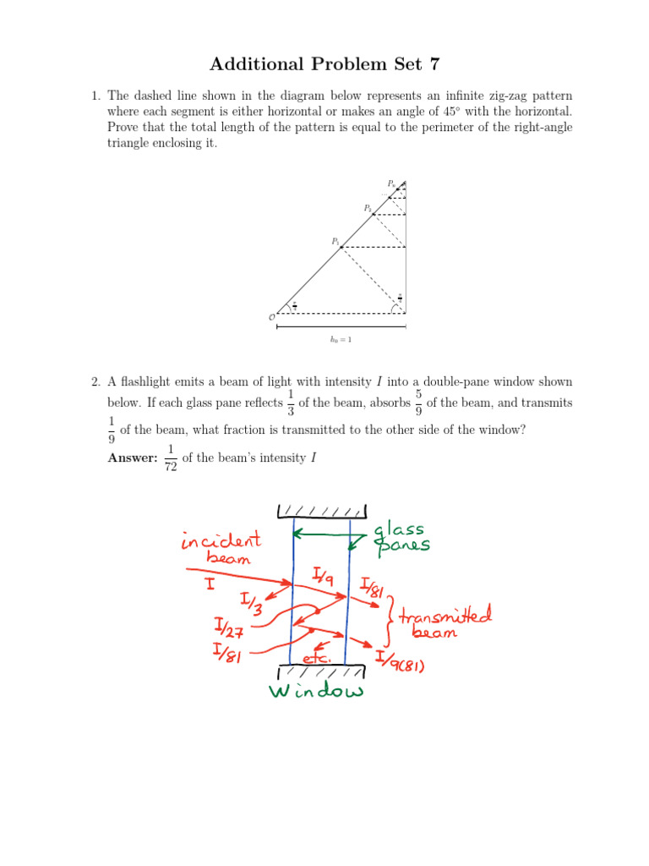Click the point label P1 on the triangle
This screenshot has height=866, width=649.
point(335,242)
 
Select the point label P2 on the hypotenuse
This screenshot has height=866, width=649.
point(368,208)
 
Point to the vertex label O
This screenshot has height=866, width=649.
point(271,317)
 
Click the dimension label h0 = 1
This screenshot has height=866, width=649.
point(341,341)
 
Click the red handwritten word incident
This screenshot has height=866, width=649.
point(221,541)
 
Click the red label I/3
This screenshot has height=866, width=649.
point(249,602)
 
